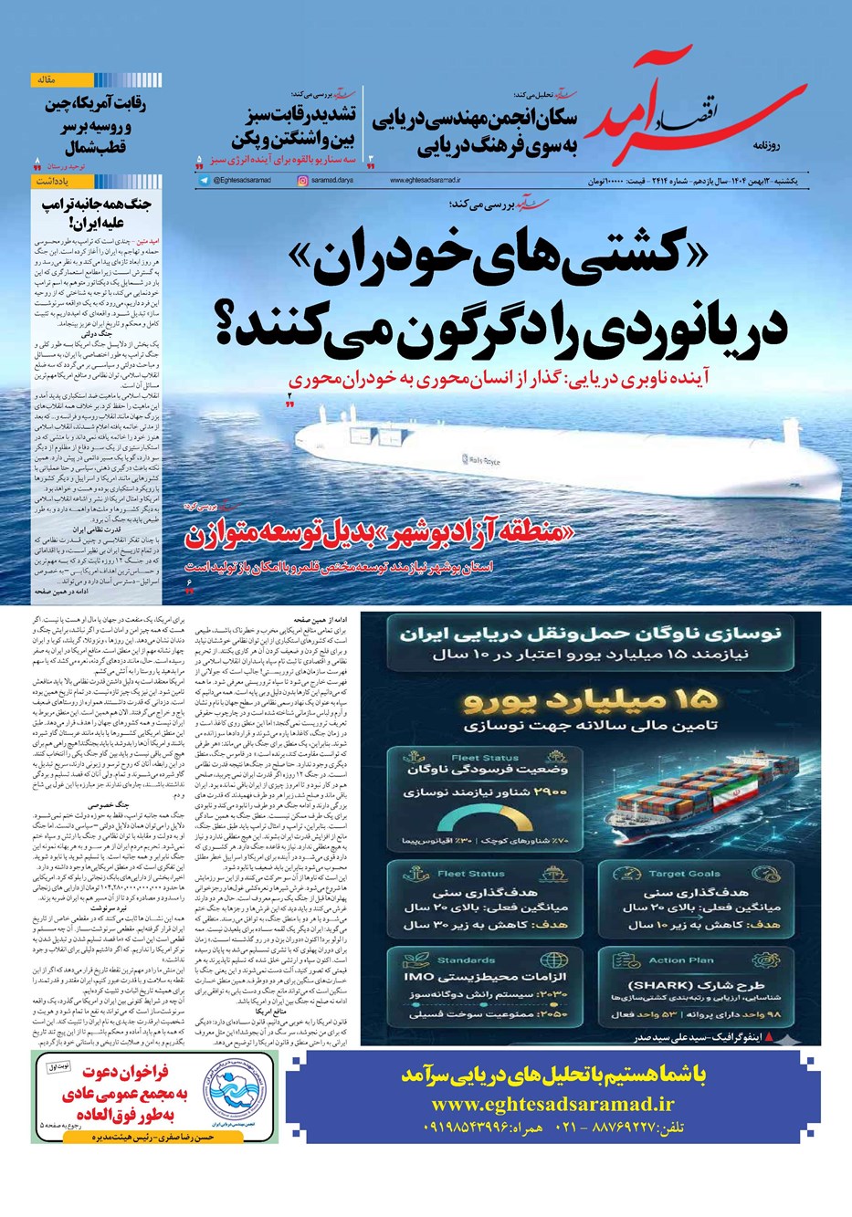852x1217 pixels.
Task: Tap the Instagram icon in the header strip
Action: tap(302, 181)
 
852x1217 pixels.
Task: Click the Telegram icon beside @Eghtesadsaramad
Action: tap(204, 181)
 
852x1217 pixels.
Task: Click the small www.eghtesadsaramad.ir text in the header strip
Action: tap(426, 182)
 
